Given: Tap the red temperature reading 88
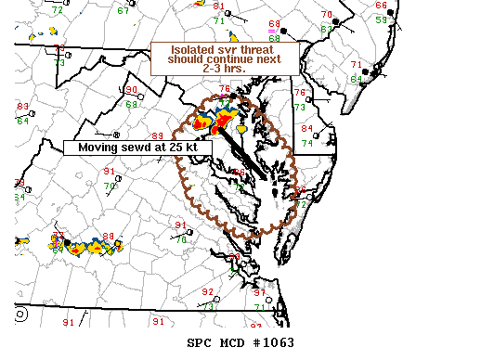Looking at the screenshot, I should [109, 237].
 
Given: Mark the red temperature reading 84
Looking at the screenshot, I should [306, 128].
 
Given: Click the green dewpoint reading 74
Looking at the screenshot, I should [307, 143].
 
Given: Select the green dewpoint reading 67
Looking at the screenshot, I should [123, 10].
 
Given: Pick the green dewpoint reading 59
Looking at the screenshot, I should [381, 19].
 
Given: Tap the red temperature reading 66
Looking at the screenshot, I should [240, 173].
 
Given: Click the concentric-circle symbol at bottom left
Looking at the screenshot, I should [21, 315].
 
